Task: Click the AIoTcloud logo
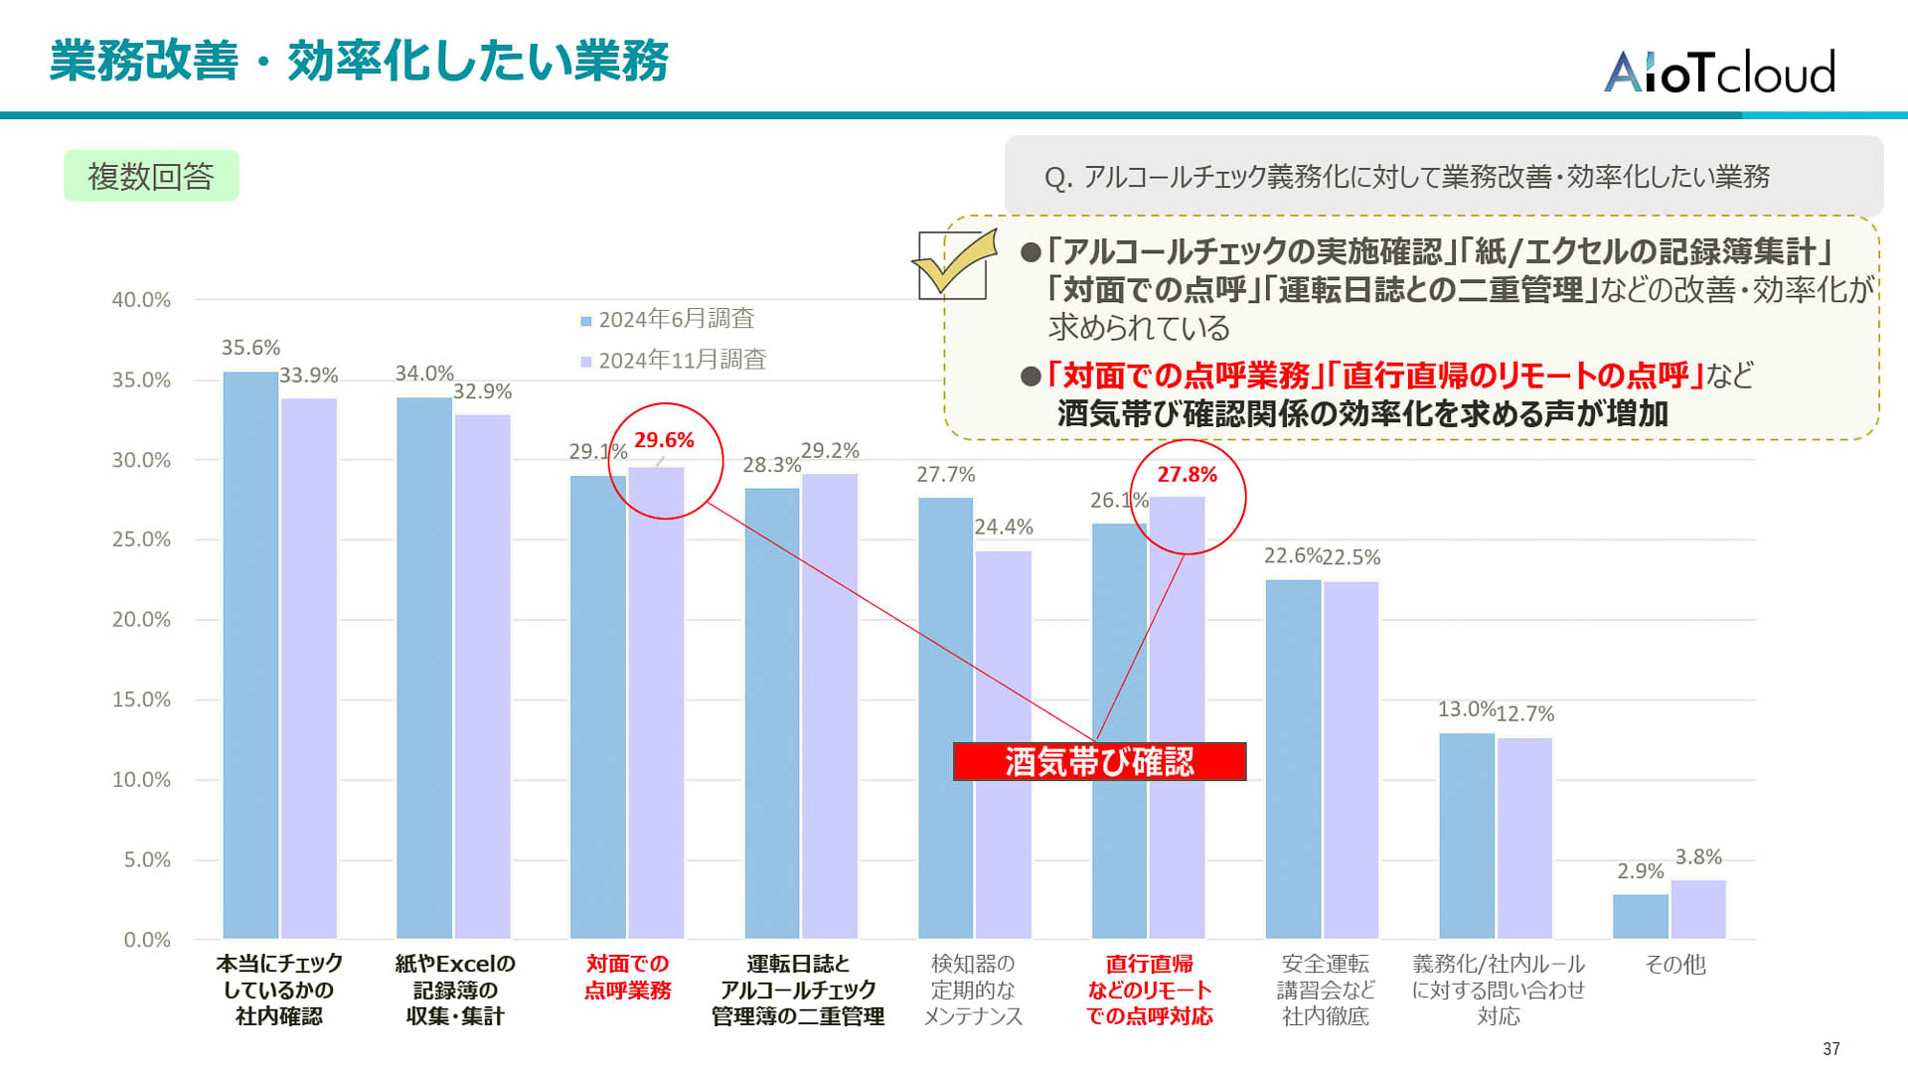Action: pyautogui.click(x=1719, y=72)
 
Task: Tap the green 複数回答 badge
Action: pyautogui.click(x=151, y=176)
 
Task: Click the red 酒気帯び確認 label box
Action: pyautogui.click(x=1099, y=762)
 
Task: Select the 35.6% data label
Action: pyautogui.click(x=250, y=348)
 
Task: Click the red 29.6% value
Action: pyautogui.click(x=664, y=440)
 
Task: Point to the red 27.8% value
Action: pyautogui.click(x=1187, y=475)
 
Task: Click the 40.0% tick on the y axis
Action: pyautogui.click(x=141, y=300)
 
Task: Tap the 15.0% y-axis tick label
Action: pyautogui.click(x=141, y=699)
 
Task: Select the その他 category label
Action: pyautogui.click(x=1674, y=965)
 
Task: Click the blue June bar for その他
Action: pyautogui.click(x=1640, y=916)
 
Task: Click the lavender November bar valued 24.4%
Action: pyautogui.click(x=1004, y=745)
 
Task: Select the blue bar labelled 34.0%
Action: pyautogui.click(x=424, y=666)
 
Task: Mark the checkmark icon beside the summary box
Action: pyautogui.click(x=954, y=263)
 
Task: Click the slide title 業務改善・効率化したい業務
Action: pyautogui.click(x=359, y=61)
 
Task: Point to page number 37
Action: pyautogui.click(x=1831, y=1049)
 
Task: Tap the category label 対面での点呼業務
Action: pyautogui.click(x=627, y=977)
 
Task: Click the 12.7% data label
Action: pyautogui.click(x=1524, y=713)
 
